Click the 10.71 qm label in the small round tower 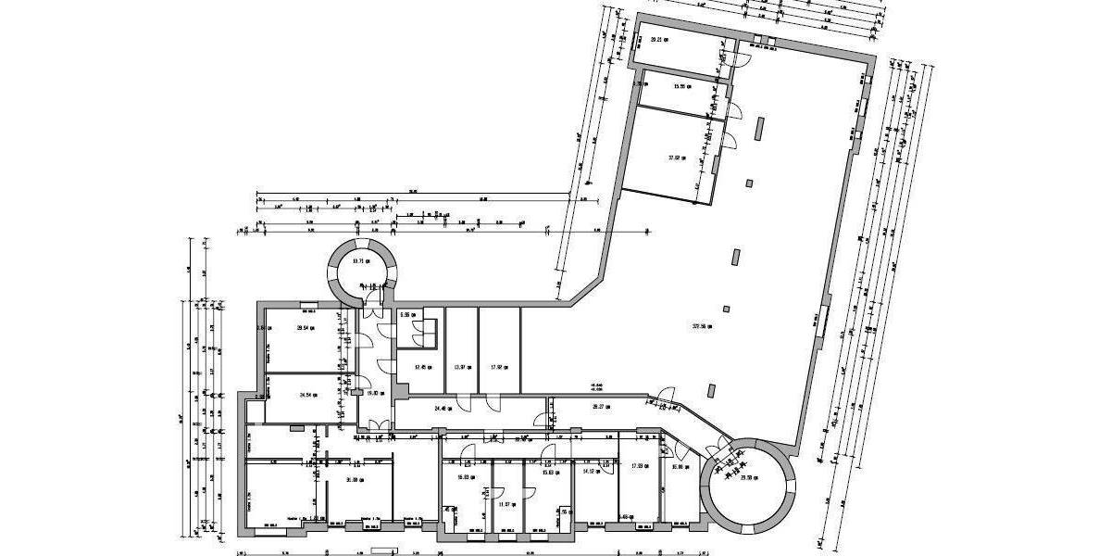point(361,260)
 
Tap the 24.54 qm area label point(308,394)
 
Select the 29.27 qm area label point(603,406)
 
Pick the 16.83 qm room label point(467,478)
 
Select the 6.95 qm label point(406,315)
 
